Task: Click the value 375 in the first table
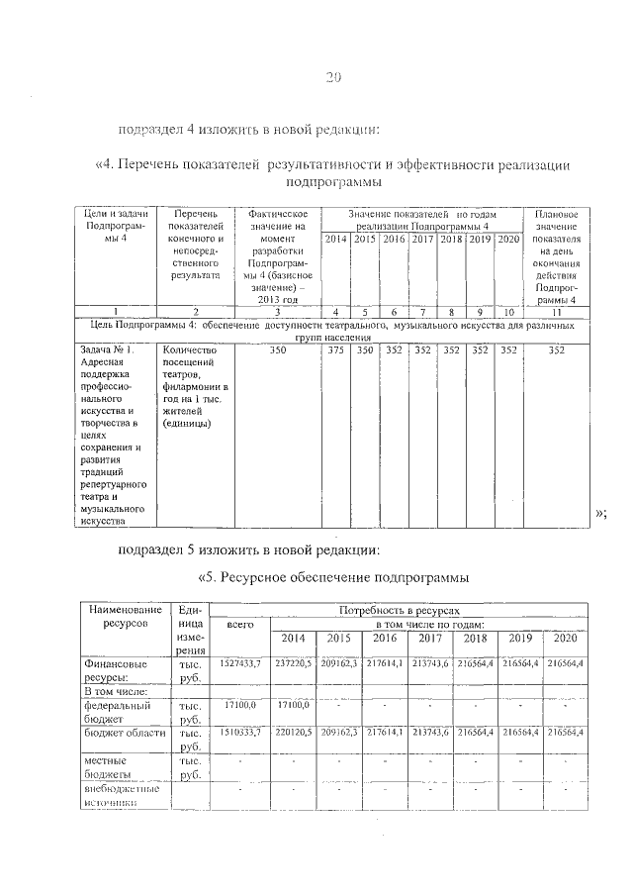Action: coord(338,349)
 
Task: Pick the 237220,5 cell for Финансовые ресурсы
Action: coord(294,662)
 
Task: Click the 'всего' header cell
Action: coord(240,626)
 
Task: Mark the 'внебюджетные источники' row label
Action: coord(124,796)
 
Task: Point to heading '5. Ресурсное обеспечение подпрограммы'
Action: coord(332,577)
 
